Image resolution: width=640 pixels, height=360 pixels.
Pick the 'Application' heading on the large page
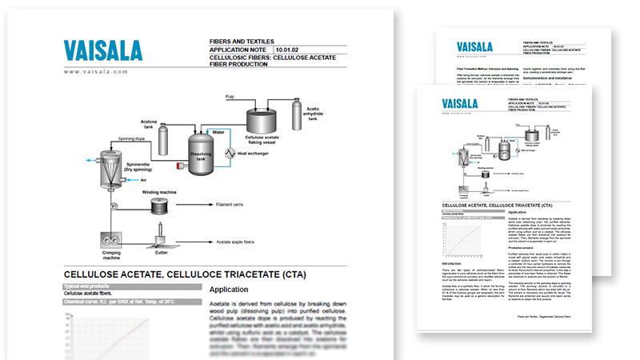coord(234,289)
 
